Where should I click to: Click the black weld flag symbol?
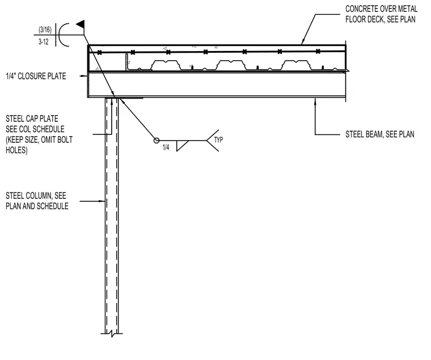tap(81, 25)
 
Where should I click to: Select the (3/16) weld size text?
tap(45, 29)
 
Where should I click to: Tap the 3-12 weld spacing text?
tap(44, 42)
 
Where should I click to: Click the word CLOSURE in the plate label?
tap(36, 76)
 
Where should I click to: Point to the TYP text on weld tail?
tap(218, 140)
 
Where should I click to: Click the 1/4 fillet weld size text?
tap(166, 147)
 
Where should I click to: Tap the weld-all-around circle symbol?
tap(157, 141)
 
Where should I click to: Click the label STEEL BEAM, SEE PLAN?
tap(380, 134)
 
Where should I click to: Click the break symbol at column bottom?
tap(112, 334)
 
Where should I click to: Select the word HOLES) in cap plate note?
tap(16, 150)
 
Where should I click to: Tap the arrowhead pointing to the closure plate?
tap(84, 76)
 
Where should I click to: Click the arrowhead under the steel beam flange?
tap(315, 101)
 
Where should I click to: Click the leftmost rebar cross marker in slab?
tap(99, 53)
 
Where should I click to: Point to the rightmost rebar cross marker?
tap(318, 51)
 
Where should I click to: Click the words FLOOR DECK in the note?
tap(365, 19)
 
